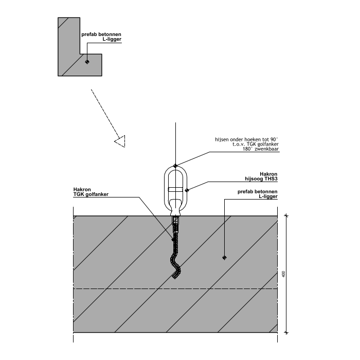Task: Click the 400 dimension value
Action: click(x=284, y=274)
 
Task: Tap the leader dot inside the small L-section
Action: click(x=87, y=62)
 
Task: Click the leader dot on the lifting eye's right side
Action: click(x=187, y=190)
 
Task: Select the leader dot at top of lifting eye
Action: click(x=175, y=166)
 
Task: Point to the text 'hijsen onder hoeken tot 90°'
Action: click(x=247, y=139)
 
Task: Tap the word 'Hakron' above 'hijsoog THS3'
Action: click(x=268, y=174)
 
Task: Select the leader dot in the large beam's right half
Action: click(x=224, y=257)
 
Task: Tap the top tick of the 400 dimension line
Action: click(x=286, y=215)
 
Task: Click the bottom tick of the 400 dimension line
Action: click(x=286, y=333)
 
